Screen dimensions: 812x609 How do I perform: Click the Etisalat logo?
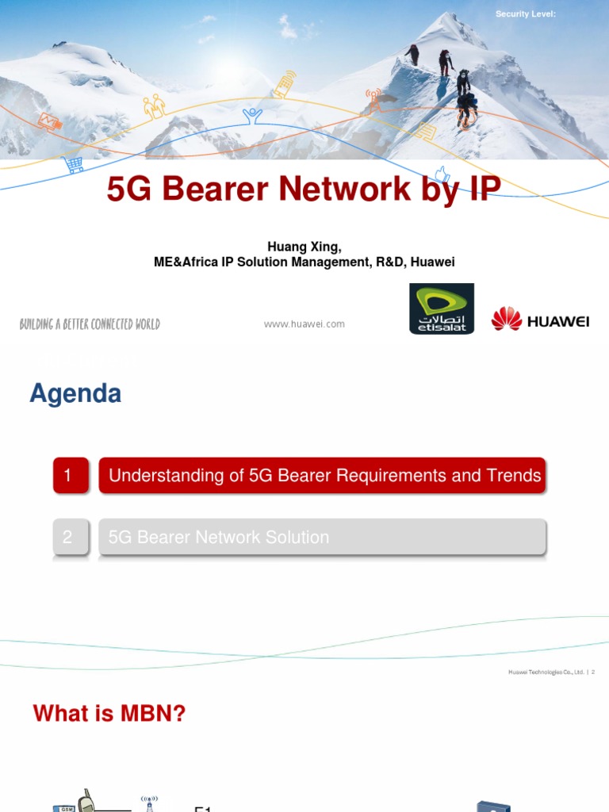(442, 308)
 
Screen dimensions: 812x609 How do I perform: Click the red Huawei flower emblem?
(506, 319)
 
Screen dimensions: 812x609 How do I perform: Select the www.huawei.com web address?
(304, 324)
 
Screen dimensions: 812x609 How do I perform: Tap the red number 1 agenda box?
(71, 476)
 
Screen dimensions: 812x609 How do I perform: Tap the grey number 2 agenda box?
(71, 537)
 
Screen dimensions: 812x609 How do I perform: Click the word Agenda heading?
(75, 394)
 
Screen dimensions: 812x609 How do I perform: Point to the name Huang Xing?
(304, 247)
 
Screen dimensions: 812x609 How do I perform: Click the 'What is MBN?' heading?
(109, 714)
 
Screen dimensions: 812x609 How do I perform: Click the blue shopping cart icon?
(74, 164)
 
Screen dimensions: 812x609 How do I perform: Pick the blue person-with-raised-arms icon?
(252, 117)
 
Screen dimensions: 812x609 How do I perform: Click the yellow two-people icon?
(154, 105)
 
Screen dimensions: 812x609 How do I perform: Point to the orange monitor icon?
(49, 121)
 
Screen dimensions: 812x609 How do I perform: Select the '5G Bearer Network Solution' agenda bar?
(322, 537)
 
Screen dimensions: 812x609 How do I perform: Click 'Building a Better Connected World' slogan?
(90, 324)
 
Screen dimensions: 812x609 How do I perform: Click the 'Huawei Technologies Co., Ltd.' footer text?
(546, 672)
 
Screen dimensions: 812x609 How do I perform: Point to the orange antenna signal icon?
(373, 98)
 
